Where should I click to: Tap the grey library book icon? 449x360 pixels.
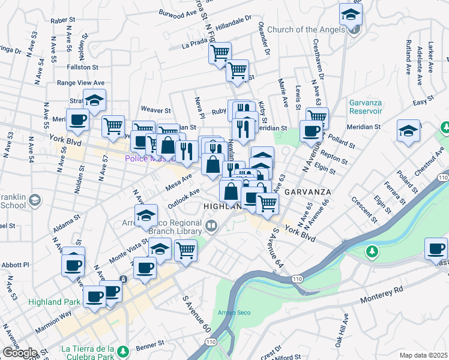pos(211,226)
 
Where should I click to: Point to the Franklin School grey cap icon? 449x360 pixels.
pos(35,199)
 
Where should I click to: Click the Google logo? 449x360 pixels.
pos(20,353)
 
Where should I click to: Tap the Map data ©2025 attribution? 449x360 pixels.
pos(423,355)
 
